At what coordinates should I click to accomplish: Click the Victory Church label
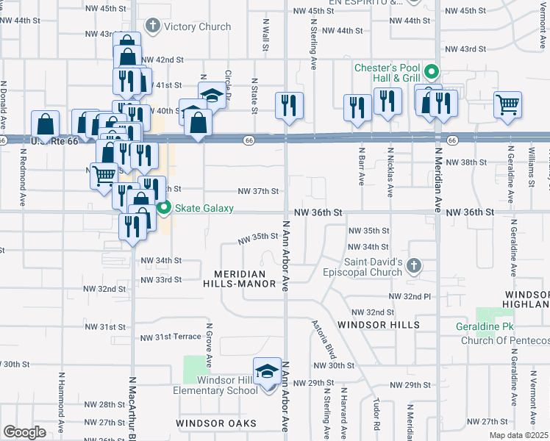(197, 27)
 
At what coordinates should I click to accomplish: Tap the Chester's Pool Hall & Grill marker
(432, 72)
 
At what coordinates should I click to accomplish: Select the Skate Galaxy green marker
(165, 208)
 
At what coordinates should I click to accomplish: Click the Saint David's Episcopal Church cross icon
(413, 265)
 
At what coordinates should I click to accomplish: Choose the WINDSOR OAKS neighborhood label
(216, 423)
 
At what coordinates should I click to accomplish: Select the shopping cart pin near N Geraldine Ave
(507, 105)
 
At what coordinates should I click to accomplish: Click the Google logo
(24, 431)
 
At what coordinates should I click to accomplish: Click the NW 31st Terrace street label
(171, 337)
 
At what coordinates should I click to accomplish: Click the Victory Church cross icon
(153, 27)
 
